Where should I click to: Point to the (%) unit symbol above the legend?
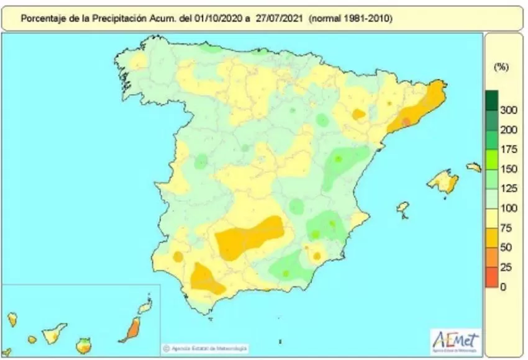click(x=501, y=67)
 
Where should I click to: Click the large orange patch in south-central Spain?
click(x=248, y=236)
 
